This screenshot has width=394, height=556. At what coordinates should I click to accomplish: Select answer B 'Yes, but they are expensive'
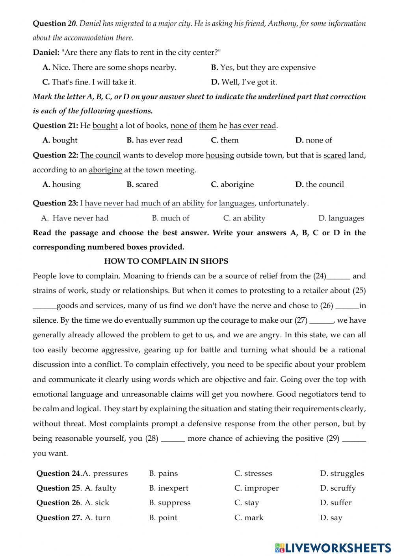click(263, 67)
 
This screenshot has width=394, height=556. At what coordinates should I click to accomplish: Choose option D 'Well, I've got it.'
click(244, 82)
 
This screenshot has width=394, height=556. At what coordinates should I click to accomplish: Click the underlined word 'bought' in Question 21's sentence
click(105, 126)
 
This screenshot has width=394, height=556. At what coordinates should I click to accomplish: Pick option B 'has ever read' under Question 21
click(154, 140)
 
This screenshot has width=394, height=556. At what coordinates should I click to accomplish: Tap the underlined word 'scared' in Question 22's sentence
click(335, 155)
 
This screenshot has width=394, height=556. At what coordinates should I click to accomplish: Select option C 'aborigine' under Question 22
click(232, 184)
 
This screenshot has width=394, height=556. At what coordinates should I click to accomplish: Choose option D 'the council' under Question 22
click(320, 184)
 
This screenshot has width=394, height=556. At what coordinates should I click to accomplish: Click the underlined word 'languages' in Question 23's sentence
click(236, 203)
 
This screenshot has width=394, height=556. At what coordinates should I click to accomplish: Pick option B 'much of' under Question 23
click(171, 218)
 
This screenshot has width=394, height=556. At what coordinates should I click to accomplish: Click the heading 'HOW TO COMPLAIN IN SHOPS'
click(166, 261)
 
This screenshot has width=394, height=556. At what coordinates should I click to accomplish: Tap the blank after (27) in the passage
click(322, 320)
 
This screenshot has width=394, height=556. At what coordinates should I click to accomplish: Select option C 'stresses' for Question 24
click(253, 473)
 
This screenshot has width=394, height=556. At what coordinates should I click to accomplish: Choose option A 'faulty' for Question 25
click(100, 488)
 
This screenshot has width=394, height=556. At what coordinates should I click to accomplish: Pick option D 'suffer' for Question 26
click(336, 502)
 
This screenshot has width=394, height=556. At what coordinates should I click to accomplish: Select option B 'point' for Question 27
click(163, 517)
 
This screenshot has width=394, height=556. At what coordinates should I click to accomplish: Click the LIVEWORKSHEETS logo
click(333, 547)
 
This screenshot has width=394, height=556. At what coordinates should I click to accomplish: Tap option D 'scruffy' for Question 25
click(338, 488)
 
